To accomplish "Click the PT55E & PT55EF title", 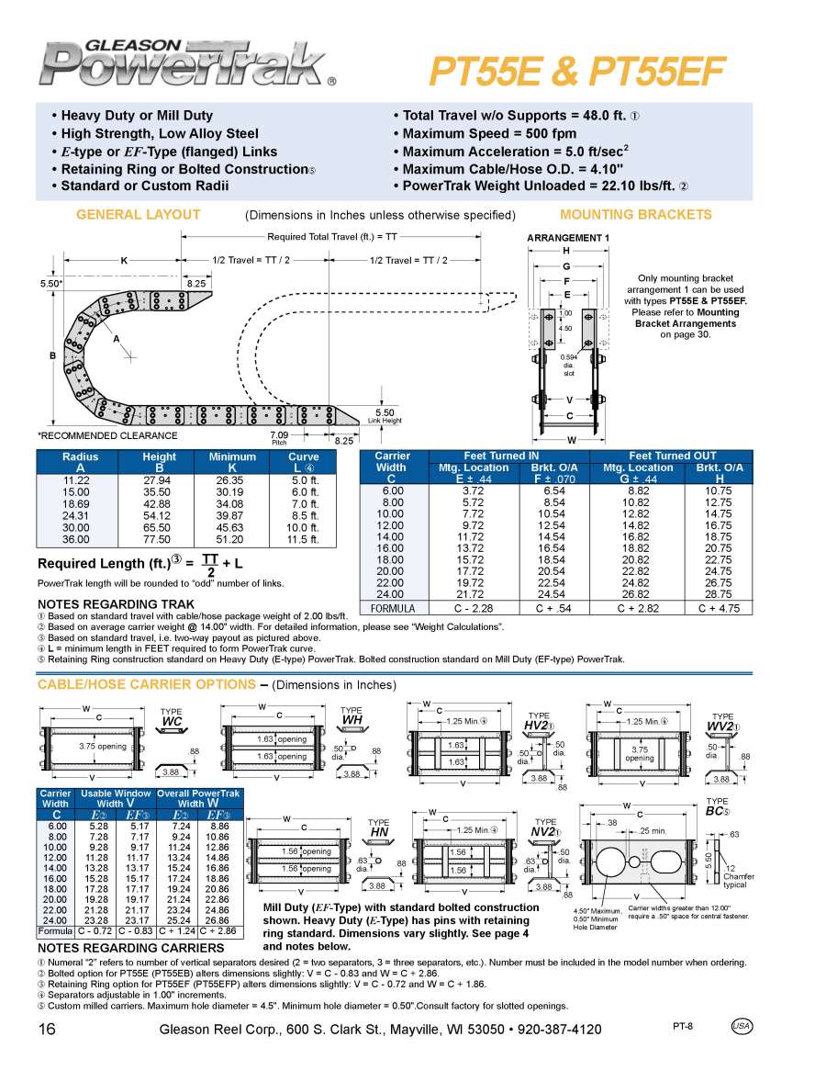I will coord(577,70).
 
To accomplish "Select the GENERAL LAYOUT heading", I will coord(138,215).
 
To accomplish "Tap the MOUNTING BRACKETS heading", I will coord(635,215).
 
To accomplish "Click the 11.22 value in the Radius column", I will coord(76,480).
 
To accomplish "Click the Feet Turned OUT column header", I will coord(671,456).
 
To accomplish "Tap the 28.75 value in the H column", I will coord(717,595).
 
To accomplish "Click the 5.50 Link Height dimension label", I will coord(385,413).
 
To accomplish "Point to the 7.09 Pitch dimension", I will coord(279,435).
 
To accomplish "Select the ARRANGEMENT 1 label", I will coord(567,239).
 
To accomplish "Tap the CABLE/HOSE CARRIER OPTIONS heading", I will coord(147,684).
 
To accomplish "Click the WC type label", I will coord(172,722).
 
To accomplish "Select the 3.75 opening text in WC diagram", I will coord(102,747).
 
